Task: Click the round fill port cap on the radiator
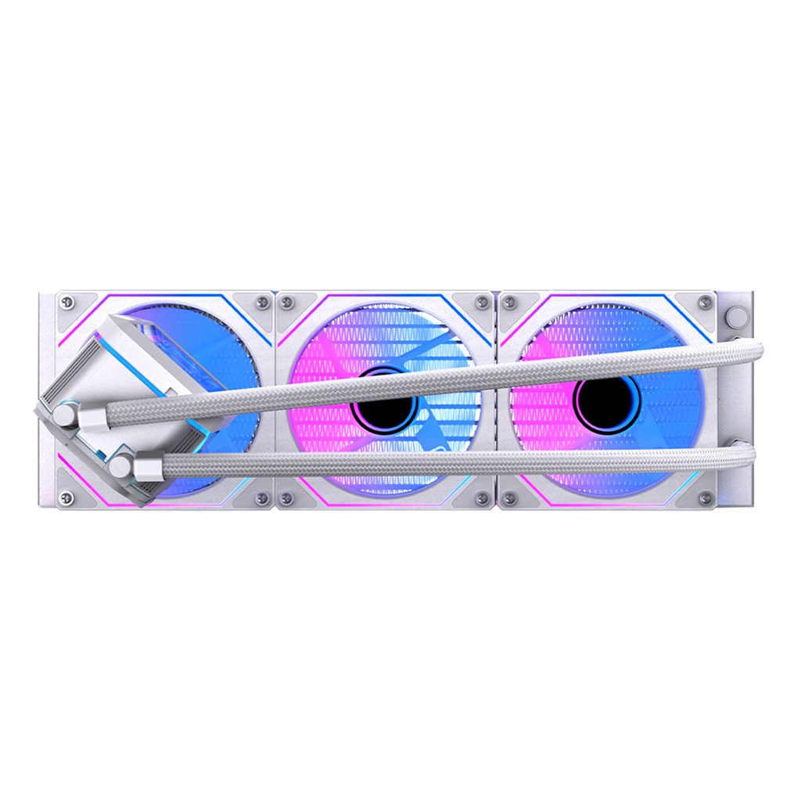click(x=735, y=315)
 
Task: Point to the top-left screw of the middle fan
click(x=288, y=302)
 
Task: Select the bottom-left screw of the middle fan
click(x=288, y=497)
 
